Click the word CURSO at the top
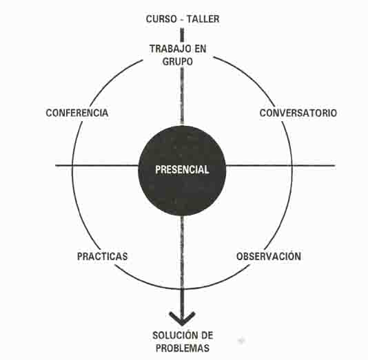pyautogui.click(x=161, y=19)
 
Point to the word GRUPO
pyautogui.click(x=178, y=61)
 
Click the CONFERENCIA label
pyautogui.click(x=77, y=113)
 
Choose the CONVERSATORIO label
pyautogui.click(x=298, y=113)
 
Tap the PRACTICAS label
pyautogui.click(x=102, y=256)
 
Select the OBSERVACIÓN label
pyautogui.click(x=269, y=255)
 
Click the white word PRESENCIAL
pyautogui.click(x=182, y=169)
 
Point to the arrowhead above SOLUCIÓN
pyautogui.click(x=182, y=318)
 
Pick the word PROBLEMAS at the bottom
pyautogui.click(x=183, y=348)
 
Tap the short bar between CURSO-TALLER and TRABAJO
pyautogui.click(x=182, y=35)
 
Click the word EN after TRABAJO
pyautogui.click(x=200, y=49)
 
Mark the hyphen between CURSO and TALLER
pyautogui.click(x=182, y=20)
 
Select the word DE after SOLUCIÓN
pyautogui.click(x=207, y=335)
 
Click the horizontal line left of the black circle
pyautogui.click(x=97, y=165)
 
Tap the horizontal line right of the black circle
pyautogui.click(x=280, y=165)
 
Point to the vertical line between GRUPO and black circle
pyautogui.click(x=182, y=96)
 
